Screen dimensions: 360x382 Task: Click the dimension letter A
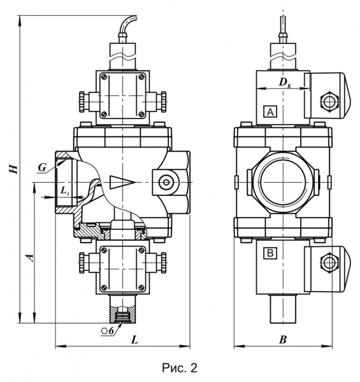[x=30, y=257]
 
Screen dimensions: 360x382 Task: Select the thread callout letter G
[x=42, y=167]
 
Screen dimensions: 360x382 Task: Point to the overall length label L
[x=134, y=339]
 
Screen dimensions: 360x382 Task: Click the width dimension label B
[x=283, y=339]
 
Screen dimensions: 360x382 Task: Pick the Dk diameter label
[x=285, y=83]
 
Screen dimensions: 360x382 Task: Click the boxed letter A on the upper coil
[x=270, y=112]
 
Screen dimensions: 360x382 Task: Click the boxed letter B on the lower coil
[x=270, y=253]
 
